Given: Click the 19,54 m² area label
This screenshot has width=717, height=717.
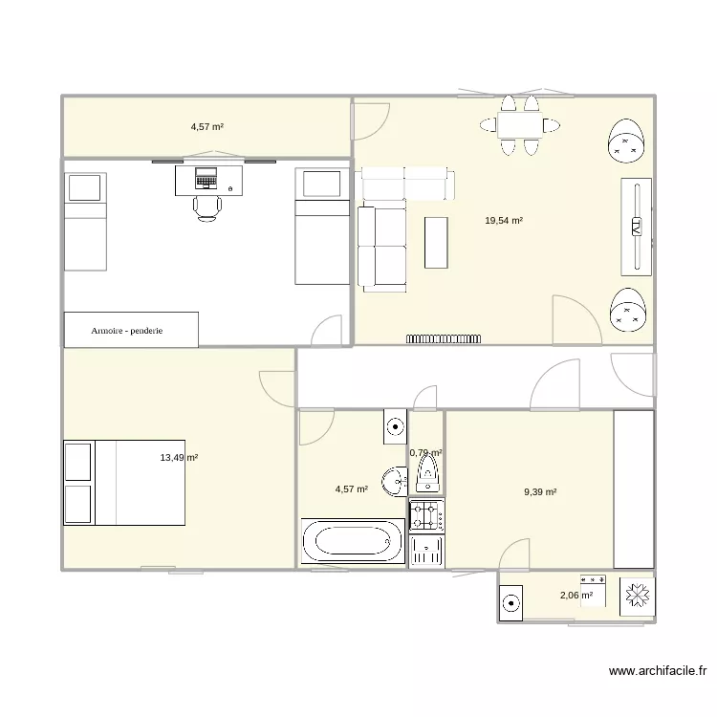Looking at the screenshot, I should (504, 221).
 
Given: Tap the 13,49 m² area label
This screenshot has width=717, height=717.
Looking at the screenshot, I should (179, 458).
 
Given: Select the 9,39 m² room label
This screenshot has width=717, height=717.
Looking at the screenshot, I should (539, 492).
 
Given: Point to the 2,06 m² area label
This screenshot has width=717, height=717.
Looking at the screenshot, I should (576, 595).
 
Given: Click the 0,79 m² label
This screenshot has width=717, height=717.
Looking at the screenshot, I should (425, 453).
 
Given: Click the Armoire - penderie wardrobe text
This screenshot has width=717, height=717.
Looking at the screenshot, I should (127, 330).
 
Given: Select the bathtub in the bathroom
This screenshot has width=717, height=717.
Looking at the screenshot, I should (353, 542).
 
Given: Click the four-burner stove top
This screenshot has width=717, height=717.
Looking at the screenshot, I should (426, 516).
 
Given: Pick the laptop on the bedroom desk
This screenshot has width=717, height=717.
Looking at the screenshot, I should (206, 177).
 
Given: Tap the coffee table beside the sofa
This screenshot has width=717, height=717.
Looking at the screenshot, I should (437, 243).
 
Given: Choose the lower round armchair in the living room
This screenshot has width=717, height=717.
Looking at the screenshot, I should (629, 310).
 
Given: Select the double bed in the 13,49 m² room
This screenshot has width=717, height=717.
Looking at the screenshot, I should (123, 483).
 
